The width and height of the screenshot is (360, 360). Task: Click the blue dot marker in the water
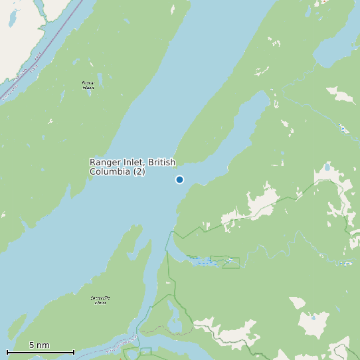pos(179,179)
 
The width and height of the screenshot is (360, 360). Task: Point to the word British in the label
pos(162,162)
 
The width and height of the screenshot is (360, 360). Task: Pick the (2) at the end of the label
pos(139,171)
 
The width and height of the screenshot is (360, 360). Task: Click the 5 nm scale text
pos(39,345)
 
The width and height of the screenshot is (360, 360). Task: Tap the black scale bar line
pos(40,352)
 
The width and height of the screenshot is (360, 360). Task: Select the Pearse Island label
pos(88,85)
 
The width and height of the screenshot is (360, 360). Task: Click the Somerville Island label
pos(100,300)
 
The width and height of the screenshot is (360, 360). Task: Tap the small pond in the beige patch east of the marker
pos(327,167)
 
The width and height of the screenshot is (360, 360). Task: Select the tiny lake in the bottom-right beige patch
pos(313,317)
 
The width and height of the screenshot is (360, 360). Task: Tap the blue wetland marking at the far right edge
pos(345,263)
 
